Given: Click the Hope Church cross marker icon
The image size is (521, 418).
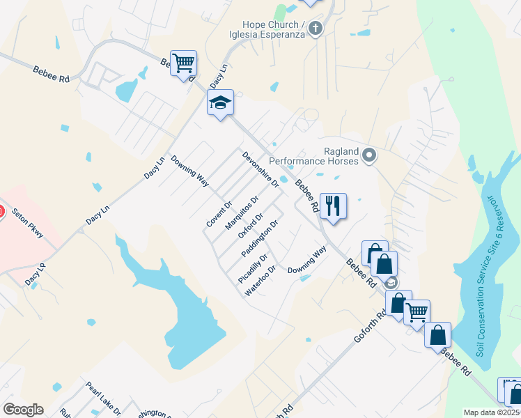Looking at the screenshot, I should click(316, 29).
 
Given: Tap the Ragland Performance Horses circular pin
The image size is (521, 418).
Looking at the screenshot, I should click(369, 155).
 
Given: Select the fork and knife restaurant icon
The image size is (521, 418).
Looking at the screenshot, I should click(333, 206).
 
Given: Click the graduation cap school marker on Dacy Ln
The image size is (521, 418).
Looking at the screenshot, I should click(220, 103).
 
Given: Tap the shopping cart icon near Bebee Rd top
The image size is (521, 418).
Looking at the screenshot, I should click(184, 63).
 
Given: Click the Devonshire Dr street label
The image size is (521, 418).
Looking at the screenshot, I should click(260, 170).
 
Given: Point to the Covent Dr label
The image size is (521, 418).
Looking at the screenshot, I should click(219, 214).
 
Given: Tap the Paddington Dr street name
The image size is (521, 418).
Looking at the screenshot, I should click(260, 238).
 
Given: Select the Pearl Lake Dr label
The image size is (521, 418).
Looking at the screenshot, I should click(103, 398).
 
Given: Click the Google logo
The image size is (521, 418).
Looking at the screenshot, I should click(23, 410).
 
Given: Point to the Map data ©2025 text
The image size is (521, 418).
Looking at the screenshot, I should click(491, 412).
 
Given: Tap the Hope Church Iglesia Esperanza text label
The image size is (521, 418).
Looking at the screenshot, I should click(269, 29).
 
